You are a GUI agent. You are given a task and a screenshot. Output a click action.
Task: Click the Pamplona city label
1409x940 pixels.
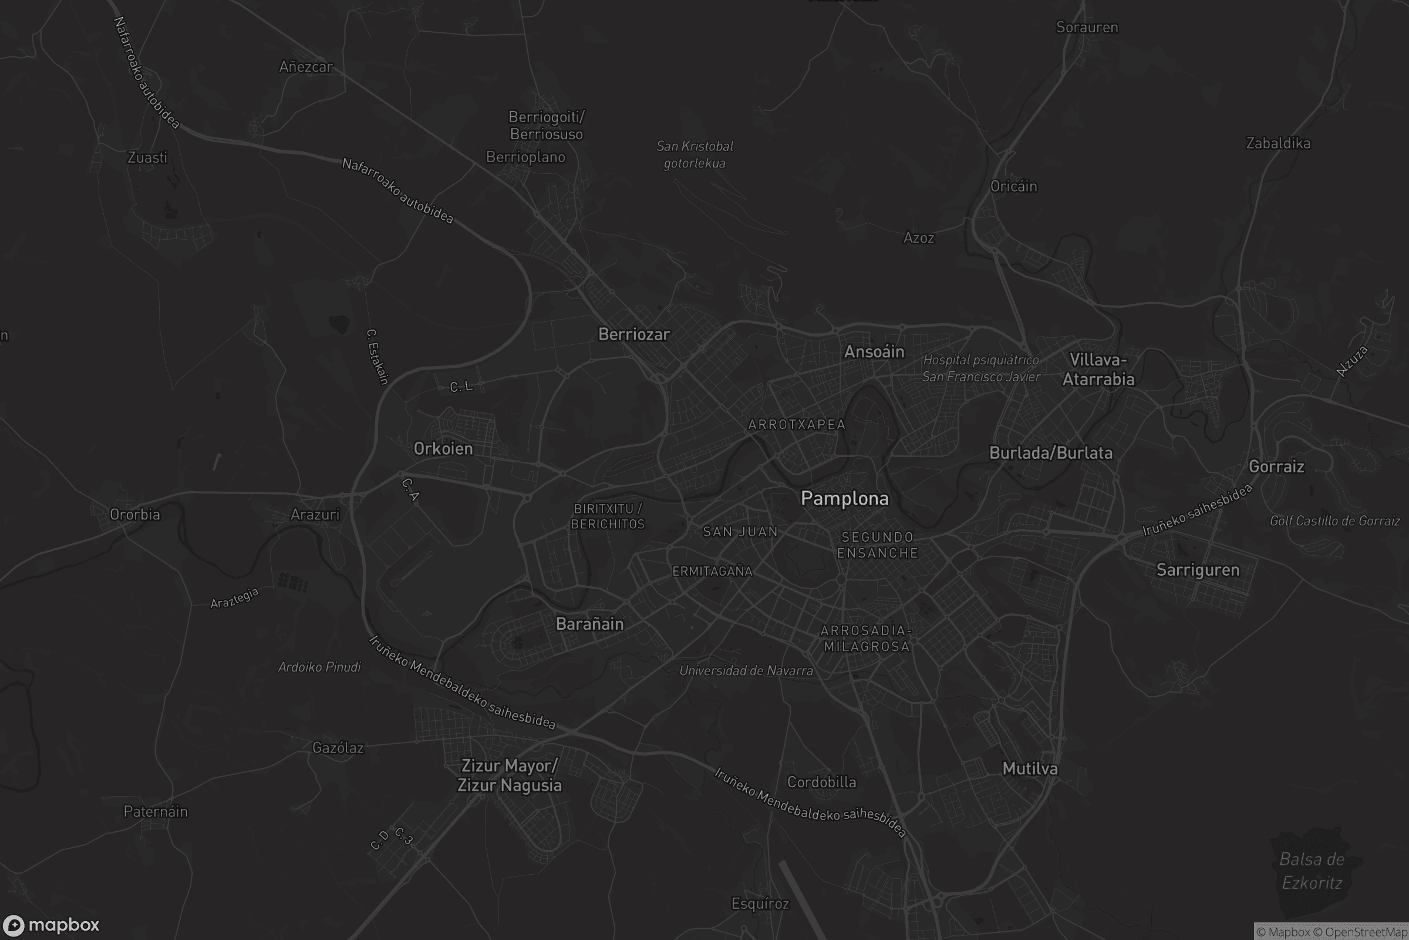pos(845,499)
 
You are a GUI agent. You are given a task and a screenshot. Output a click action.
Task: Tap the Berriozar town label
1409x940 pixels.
pos(634,334)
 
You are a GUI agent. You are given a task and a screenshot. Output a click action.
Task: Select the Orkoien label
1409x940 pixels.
pos(443,449)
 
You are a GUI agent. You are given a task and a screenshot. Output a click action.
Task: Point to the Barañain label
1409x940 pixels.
pos(589,624)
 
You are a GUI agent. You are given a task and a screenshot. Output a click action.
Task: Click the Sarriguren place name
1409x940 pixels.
pos(1198,570)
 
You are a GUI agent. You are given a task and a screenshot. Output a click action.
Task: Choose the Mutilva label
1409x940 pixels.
pos(1030,769)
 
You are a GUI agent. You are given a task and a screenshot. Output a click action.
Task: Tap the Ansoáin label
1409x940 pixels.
pos(874,352)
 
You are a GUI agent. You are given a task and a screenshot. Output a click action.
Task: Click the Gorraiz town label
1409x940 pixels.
pos(1276,467)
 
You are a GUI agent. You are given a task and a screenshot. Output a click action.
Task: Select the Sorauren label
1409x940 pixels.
pos(1087,28)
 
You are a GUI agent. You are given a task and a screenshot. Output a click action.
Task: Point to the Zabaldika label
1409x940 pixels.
pos(1278,143)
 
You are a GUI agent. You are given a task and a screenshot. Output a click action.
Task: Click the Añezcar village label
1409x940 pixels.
pos(305,67)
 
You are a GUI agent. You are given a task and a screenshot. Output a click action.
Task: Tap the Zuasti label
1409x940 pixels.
pos(147,157)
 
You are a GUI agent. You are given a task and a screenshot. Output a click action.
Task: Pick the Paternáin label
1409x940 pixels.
pos(155,812)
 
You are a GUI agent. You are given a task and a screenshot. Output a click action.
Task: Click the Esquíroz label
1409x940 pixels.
pos(760,904)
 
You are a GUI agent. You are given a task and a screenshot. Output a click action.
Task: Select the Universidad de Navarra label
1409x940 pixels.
pos(746,671)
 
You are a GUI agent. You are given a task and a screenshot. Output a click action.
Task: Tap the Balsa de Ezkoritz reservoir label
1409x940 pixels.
pos(1312,871)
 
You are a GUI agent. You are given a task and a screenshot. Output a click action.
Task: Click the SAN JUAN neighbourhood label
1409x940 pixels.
pos(740,532)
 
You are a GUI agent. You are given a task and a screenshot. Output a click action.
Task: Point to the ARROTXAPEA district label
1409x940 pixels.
pos(796,425)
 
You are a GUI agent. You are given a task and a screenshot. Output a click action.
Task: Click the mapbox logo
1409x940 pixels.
pos(50,925)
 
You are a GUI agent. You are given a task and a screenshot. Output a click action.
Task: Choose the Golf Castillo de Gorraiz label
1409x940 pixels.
pos(1334,521)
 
